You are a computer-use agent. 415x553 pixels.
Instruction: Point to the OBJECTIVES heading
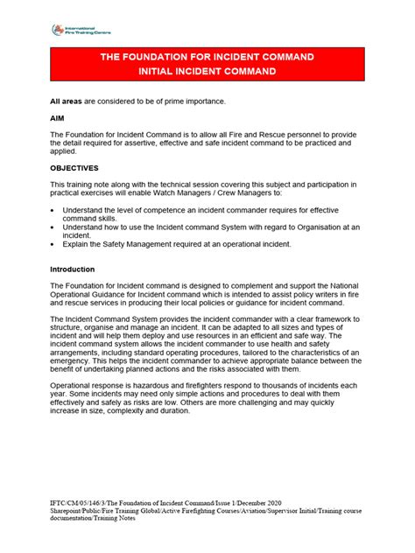click(x=74, y=167)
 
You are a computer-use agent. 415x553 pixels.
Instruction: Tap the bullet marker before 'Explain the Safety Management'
click(x=53, y=245)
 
